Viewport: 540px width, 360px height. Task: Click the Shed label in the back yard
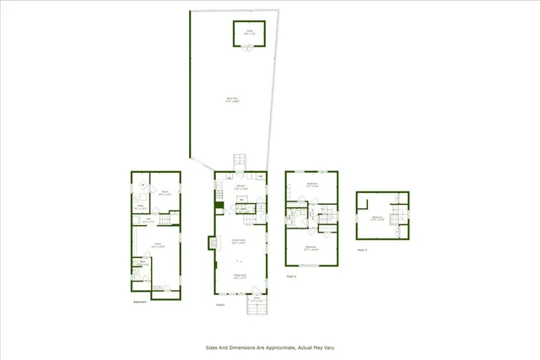250,30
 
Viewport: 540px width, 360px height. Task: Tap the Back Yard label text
229,99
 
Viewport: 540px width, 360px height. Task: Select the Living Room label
239,241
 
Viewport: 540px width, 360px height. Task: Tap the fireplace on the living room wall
211,243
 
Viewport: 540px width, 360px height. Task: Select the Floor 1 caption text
220,305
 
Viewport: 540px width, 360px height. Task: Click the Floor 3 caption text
362,250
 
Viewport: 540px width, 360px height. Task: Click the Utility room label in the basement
139,205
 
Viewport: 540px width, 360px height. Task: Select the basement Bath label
143,261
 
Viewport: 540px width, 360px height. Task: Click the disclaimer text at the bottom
270,347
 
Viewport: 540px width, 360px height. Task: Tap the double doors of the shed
250,46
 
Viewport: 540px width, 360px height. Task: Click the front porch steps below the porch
256,309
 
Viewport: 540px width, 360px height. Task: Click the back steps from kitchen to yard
240,161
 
